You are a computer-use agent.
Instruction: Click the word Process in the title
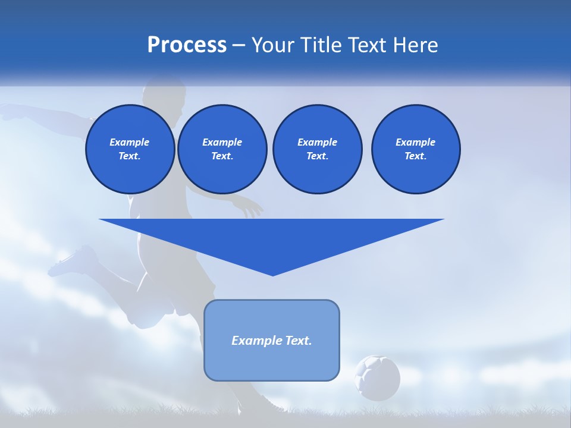[187, 45]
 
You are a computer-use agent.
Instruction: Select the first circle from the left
[130, 149]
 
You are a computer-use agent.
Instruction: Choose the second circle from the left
[222, 149]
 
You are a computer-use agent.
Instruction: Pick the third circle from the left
[317, 149]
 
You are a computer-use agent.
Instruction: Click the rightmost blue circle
[415, 149]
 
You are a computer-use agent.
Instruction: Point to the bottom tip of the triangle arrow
[272, 275]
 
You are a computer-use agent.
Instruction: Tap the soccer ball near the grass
[377, 377]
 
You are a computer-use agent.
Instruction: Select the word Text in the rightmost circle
[415, 156]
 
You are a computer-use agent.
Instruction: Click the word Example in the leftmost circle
[130, 142]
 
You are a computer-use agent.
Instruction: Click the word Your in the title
[273, 45]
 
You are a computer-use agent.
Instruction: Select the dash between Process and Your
[239, 45]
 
